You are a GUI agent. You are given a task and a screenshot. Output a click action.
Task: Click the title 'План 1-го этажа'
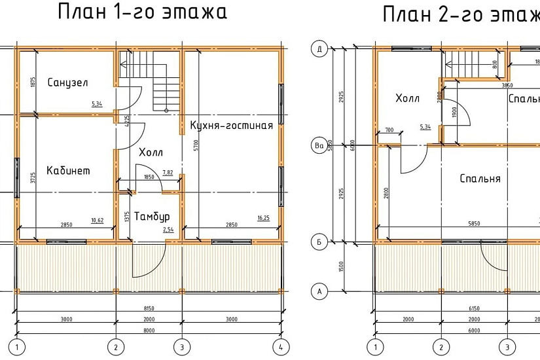pos(143,12)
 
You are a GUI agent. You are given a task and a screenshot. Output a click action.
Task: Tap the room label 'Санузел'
pos(67,82)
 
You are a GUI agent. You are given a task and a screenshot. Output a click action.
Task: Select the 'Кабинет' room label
pos(68,171)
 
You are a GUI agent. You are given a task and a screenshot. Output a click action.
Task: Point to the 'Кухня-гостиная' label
pos(231,125)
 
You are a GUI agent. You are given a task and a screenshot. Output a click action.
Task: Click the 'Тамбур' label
pos(152,216)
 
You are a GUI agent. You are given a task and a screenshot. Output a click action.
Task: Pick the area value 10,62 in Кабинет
pos(97,219)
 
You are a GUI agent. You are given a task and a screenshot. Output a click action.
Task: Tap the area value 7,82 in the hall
pos(168,172)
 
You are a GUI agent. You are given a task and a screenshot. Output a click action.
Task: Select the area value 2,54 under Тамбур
pos(168,230)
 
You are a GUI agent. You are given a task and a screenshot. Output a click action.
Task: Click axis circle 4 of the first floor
pos(280,346)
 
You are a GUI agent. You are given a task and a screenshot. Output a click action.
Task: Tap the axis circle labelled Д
pos(319,50)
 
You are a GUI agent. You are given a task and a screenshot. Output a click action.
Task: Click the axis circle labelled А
pos(319,291)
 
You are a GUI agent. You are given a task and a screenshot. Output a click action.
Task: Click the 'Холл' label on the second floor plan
pos(407,99)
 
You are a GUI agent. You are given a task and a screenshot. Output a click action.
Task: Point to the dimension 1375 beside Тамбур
pos(127,217)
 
